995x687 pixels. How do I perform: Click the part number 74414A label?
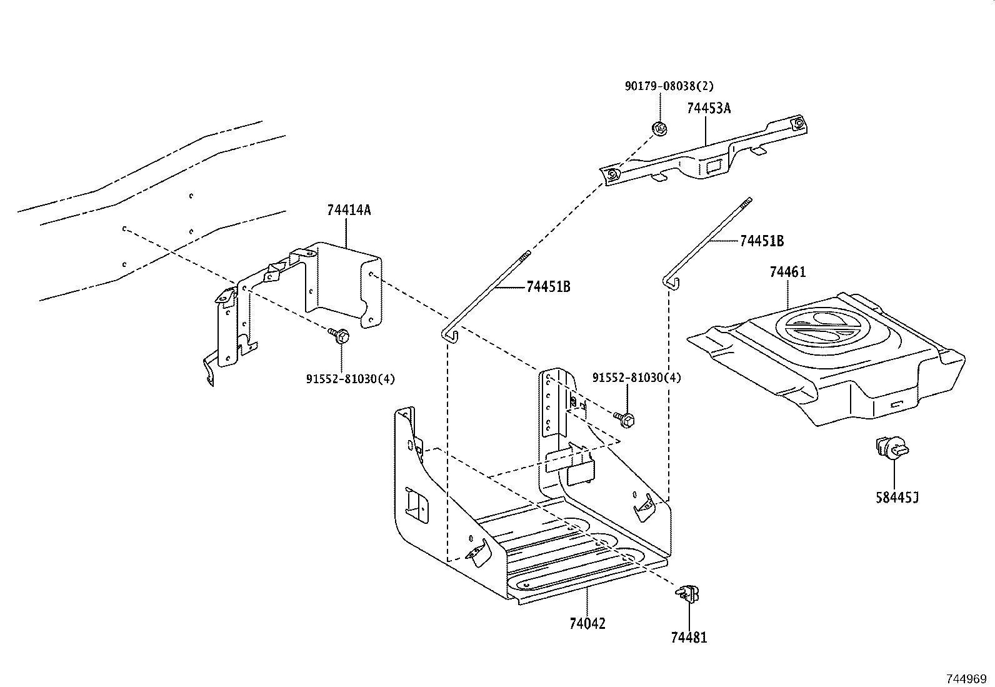point(348,211)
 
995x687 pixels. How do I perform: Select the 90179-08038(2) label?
point(669,86)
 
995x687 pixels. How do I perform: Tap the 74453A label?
point(708,108)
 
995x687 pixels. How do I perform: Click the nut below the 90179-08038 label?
point(659,129)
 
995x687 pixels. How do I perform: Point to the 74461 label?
point(787,273)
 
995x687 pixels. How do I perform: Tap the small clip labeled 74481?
point(687,592)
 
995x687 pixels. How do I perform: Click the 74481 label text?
point(689,638)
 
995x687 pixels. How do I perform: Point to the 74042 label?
point(587,624)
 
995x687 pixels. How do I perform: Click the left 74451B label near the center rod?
point(548,287)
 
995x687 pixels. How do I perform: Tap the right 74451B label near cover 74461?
point(761,241)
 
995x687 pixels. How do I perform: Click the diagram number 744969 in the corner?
point(965,678)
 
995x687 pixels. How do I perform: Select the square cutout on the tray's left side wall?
point(414,504)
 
